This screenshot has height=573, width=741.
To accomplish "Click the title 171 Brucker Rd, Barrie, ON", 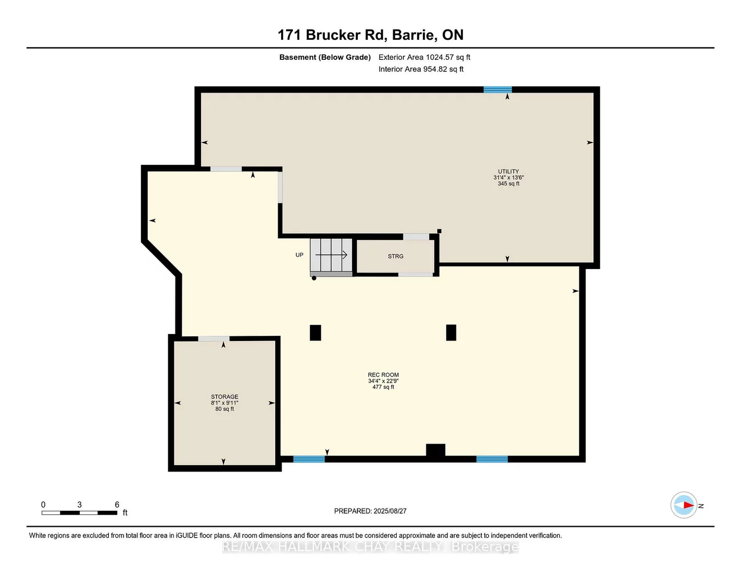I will pyautogui.click(x=370, y=35).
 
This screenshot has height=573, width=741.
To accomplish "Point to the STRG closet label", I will pyautogui.click(x=396, y=257).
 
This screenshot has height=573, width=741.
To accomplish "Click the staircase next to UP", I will pyautogui.click(x=331, y=256).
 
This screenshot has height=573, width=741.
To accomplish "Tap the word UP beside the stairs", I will pyautogui.click(x=299, y=255).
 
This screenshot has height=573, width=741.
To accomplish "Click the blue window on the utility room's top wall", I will pyautogui.click(x=498, y=90).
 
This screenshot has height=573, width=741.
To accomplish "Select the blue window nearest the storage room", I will pyautogui.click(x=309, y=459).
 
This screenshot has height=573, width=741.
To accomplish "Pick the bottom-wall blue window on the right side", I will pyautogui.click(x=492, y=459).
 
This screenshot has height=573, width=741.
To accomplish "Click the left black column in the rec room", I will pyautogui.click(x=315, y=332).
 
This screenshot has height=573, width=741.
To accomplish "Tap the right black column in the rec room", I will pyautogui.click(x=451, y=332).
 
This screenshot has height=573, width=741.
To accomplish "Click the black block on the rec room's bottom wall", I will pyautogui.click(x=435, y=450).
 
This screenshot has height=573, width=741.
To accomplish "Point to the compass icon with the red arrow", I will pyautogui.click(x=684, y=505).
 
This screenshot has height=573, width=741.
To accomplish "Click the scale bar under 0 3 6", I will pyautogui.click(x=79, y=513).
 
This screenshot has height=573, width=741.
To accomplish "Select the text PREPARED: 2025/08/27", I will pyautogui.click(x=370, y=511).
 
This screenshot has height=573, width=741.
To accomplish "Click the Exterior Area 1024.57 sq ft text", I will pyautogui.click(x=424, y=57).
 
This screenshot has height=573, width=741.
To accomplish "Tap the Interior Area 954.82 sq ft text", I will pyautogui.click(x=421, y=69).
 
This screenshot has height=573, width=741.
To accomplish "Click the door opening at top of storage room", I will pyautogui.click(x=214, y=339).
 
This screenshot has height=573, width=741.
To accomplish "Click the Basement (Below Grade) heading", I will pyautogui.click(x=325, y=57).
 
